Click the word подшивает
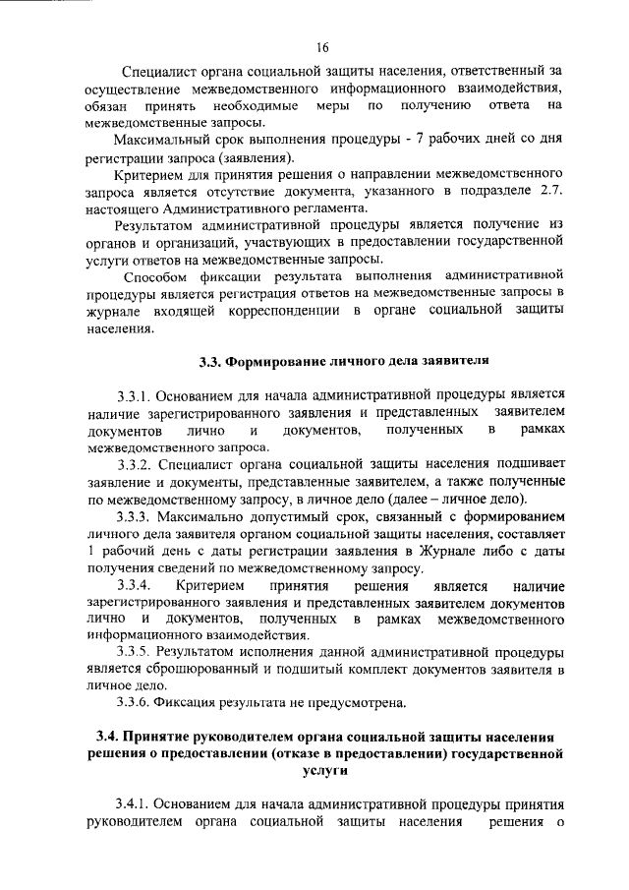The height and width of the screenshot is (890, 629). point(525,467)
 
